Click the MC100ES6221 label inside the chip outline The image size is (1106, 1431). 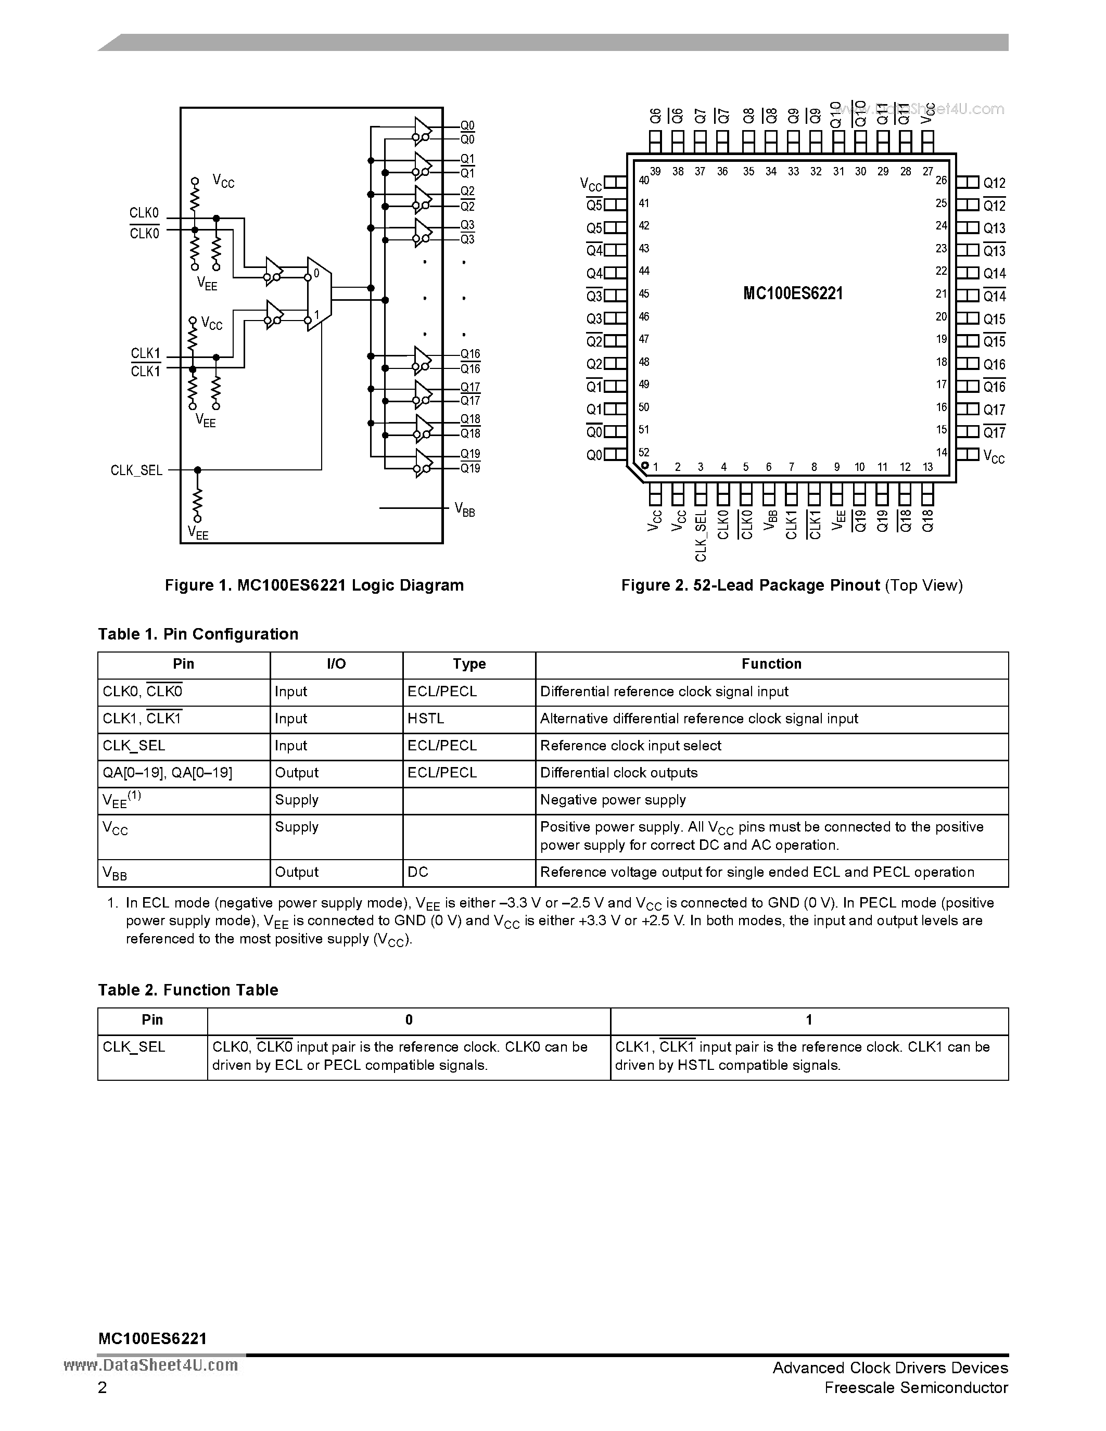pos(793,293)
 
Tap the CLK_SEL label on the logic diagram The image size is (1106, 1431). pos(136,470)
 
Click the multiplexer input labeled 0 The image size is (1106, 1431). pos(316,273)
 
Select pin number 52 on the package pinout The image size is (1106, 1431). pos(643,452)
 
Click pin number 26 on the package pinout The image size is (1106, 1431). pos(942,180)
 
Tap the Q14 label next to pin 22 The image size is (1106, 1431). pos(994,274)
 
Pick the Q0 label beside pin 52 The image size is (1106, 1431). pos(594,455)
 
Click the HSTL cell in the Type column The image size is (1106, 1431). pos(426,719)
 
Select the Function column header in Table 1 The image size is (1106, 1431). pos(771,665)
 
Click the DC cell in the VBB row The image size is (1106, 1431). pos(417,872)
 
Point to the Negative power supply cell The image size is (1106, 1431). pos(613,800)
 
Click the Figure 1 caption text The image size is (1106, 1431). pos(314,585)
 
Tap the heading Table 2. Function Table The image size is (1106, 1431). pos(188,990)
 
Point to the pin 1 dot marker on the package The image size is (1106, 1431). pos(645,466)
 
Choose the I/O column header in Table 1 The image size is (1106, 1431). pos(336,665)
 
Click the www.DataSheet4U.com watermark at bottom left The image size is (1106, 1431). pos(151,1365)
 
